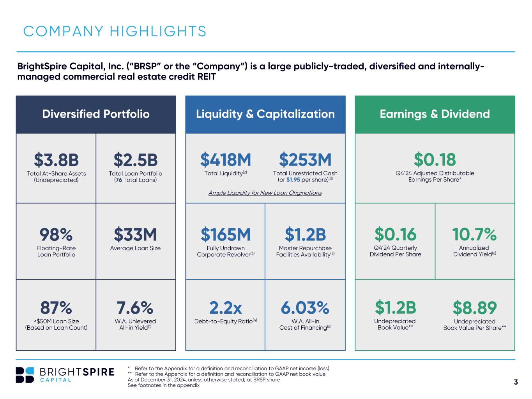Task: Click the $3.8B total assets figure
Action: point(56,160)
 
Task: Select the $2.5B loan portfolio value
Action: point(136,160)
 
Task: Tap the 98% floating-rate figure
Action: point(56,235)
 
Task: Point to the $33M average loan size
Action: point(136,235)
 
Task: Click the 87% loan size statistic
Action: point(56,308)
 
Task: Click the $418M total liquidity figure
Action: point(226,160)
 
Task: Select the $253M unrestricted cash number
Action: point(305,160)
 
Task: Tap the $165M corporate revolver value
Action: point(226,235)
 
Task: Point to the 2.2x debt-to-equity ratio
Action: point(226,308)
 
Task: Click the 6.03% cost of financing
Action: point(305,308)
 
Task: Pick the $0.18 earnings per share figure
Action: point(435,160)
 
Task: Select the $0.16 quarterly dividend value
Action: point(395,235)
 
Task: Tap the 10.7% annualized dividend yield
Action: point(474,235)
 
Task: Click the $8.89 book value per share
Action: point(474,308)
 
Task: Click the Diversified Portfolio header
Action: point(96,114)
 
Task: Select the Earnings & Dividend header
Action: point(435,114)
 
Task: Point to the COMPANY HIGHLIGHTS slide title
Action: point(115,31)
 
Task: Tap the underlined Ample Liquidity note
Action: point(265,193)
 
